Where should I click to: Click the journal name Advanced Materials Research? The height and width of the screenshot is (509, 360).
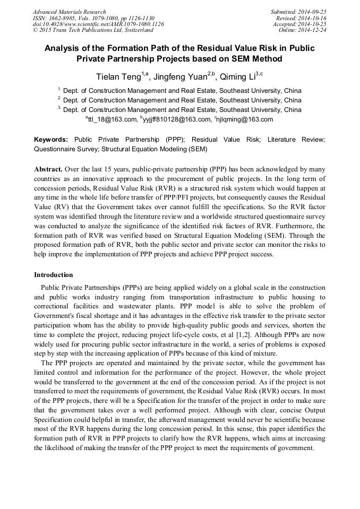69,12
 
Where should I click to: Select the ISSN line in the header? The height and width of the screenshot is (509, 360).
93,18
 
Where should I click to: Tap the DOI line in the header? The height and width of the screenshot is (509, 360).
98,24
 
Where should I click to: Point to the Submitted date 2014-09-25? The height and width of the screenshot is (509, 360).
299,12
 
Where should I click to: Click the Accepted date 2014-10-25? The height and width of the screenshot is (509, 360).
299,24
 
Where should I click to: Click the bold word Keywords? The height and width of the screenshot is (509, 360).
51,140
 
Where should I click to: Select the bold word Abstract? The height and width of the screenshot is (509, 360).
48,169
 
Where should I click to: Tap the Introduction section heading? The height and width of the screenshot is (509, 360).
54,275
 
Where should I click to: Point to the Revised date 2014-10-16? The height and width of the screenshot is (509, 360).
302,18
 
